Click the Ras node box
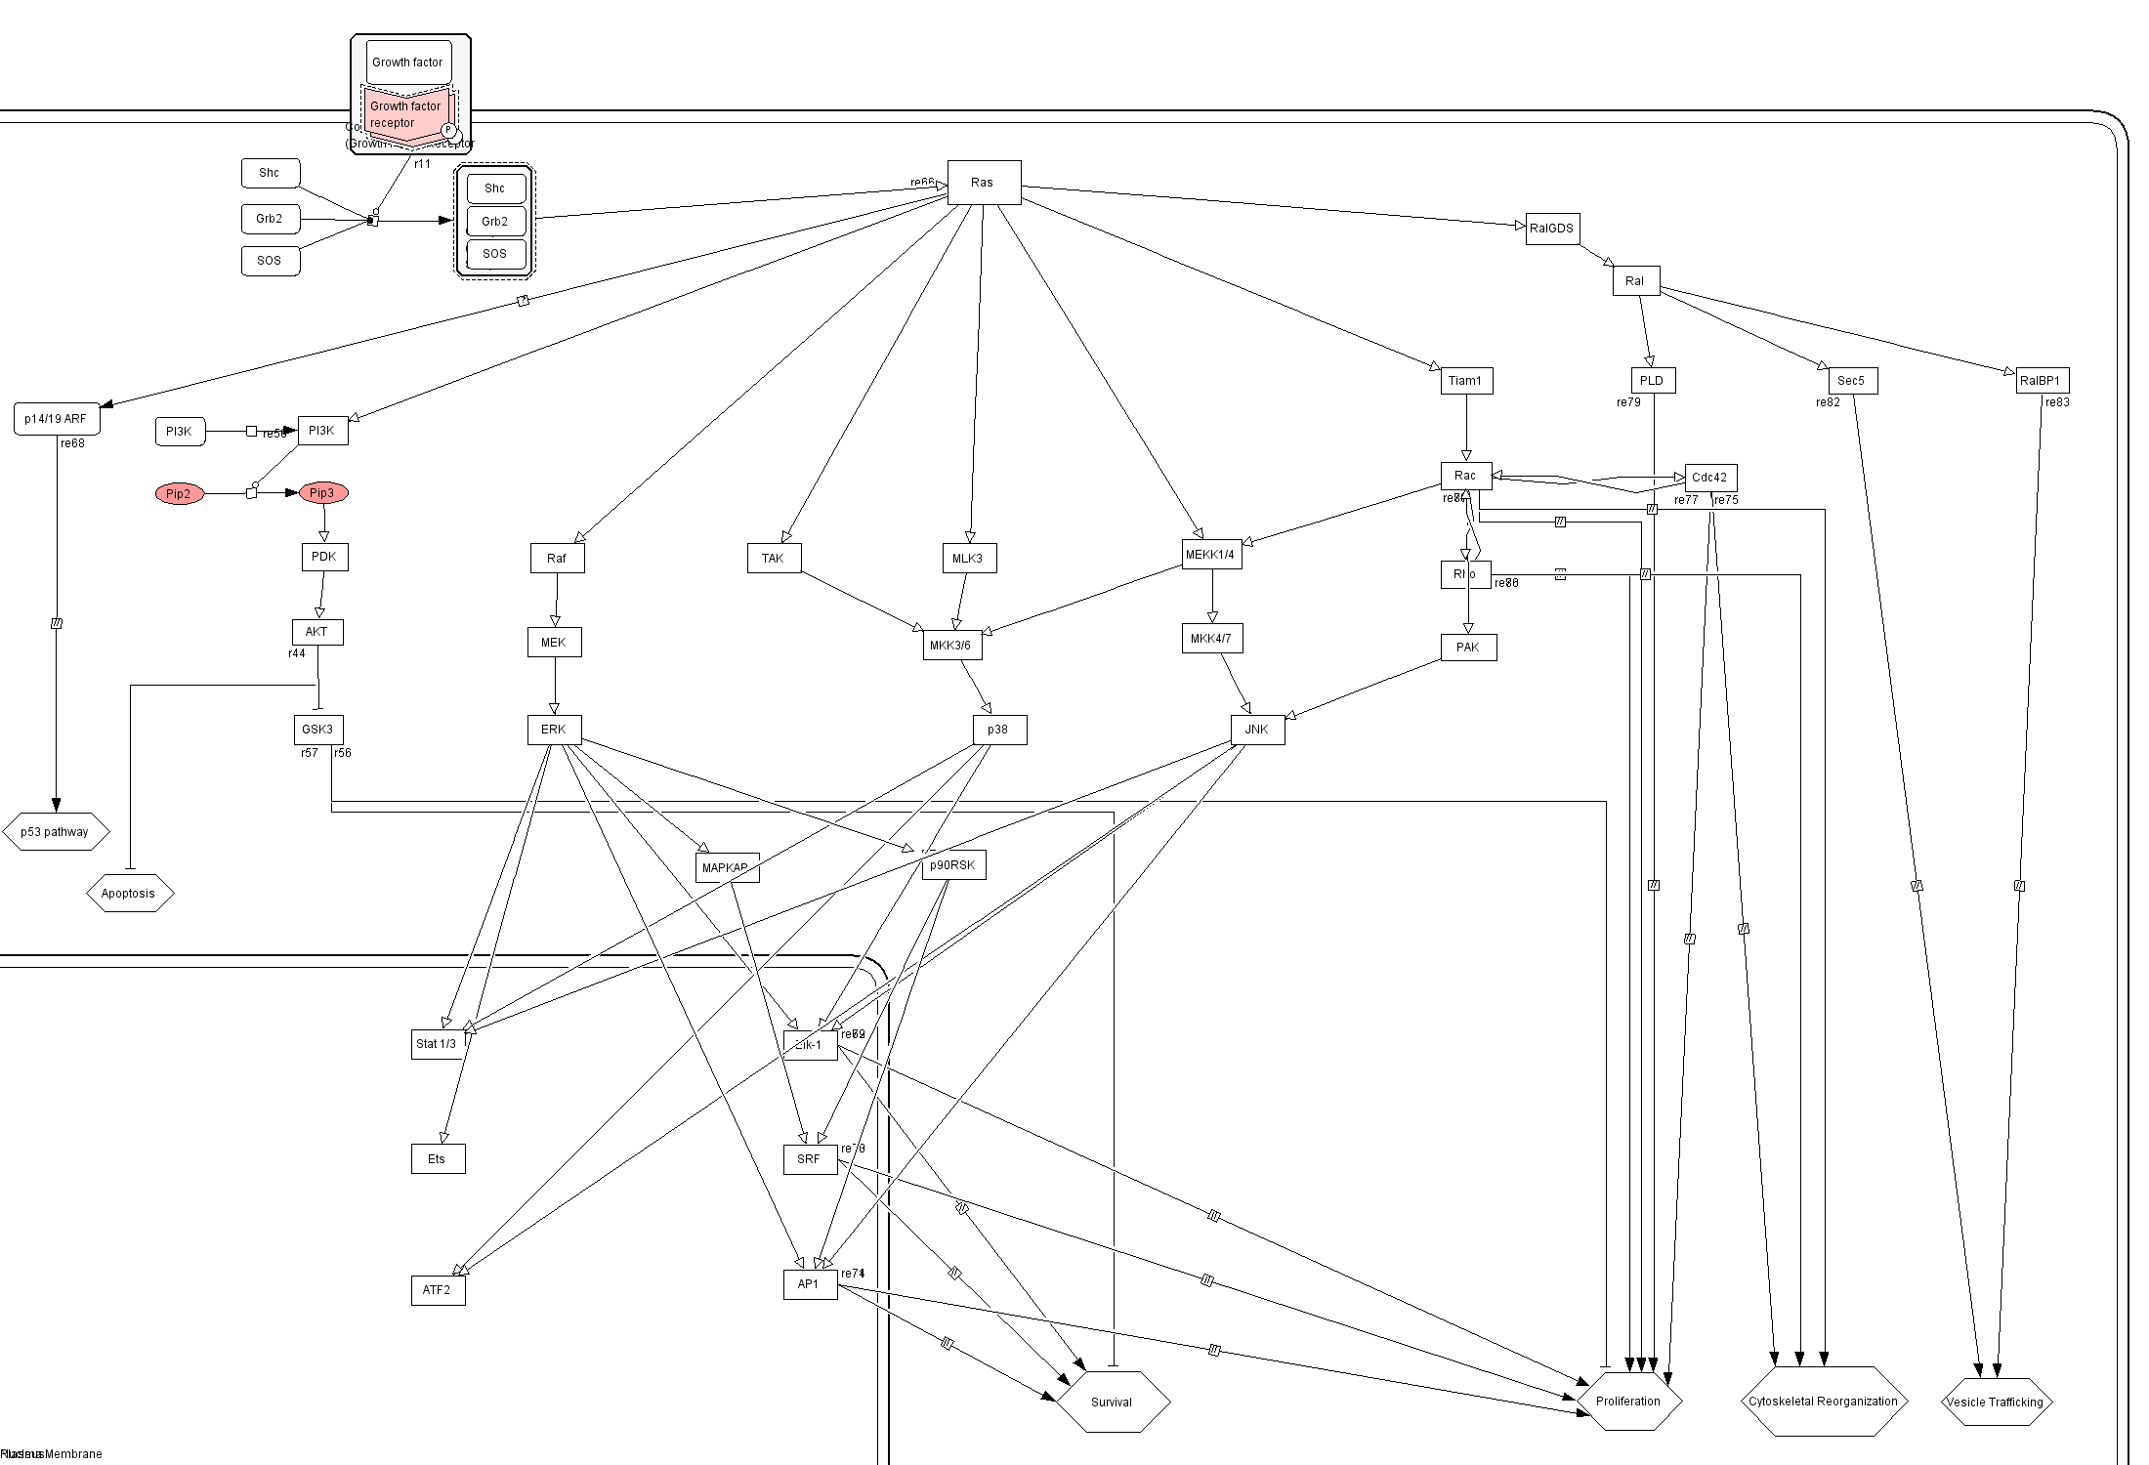984,183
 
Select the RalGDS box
1552,229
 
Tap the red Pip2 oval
179,494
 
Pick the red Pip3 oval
322,493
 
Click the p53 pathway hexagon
55,832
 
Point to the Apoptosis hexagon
129,894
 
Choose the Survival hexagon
1112,1402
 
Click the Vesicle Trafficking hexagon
1996,1402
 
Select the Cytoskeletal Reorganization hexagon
1823,1402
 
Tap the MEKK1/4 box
1211,555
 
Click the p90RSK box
953,865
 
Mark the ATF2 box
438,1290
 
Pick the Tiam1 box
1466,381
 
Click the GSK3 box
318,730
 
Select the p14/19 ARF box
57,419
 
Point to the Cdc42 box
1710,478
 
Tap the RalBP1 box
2042,381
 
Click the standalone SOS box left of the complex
270,261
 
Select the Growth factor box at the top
408,63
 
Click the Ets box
438,1159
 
